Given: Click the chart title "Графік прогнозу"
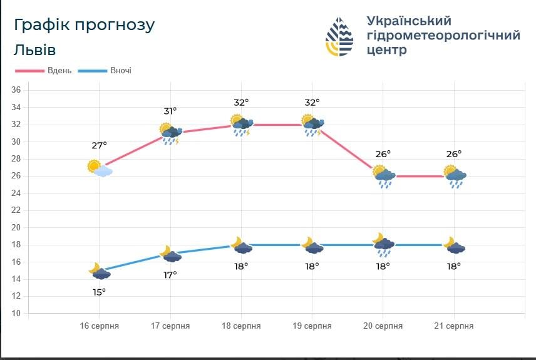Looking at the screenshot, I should click(x=84, y=25).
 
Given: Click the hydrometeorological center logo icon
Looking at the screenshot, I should click(x=339, y=37).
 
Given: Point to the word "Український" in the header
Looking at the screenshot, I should click(x=408, y=21).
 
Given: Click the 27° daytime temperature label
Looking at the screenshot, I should click(x=99, y=145).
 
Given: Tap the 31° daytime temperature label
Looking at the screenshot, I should click(x=170, y=111).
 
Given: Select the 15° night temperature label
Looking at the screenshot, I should click(x=99, y=292).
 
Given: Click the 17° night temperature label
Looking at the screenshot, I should click(x=170, y=274).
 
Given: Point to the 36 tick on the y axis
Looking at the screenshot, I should click(x=17, y=90).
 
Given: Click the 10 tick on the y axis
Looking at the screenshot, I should click(x=17, y=313).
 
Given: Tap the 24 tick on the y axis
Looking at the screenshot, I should click(x=17, y=193).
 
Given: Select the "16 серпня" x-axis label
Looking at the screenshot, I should click(x=99, y=326).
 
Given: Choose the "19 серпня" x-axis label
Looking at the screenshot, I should click(x=312, y=326).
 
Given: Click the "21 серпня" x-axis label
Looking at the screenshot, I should click(x=453, y=326).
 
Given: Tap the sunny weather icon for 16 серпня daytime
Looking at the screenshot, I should click(x=99, y=168).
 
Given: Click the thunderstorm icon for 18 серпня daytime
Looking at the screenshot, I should click(x=241, y=125).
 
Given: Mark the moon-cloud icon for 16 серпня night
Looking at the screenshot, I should click(x=99, y=271).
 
